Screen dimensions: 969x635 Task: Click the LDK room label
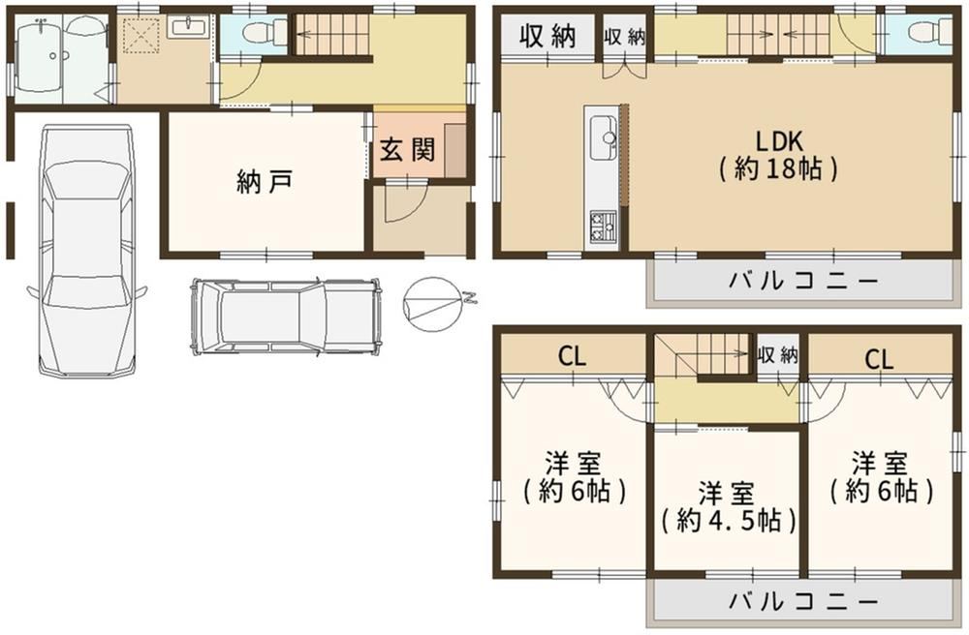pyautogui.click(x=779, y=154)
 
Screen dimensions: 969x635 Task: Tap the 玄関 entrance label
pyautogui.click(x=407, y=150)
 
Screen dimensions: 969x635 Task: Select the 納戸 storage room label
pyautogui.click(x=265, y=182)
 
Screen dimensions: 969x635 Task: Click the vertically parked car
pyautogui.click(x=87, y=250)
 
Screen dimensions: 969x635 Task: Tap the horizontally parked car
pyautogui.click(x=286, y=316)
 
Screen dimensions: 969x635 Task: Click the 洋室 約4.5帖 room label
pyautogui.click(x=728, y=508)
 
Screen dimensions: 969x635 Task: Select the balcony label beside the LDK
pyautogui.click(x=803, y=282)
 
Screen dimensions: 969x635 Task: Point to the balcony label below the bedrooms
pyautogui.click(x=803, y=601)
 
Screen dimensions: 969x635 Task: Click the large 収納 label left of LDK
pyautogui.click(x=547, y=35)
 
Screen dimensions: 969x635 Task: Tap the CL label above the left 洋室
pyautogui.click(x=572, y=356)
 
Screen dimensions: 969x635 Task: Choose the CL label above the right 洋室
pyautogui.click(x=879, y=358)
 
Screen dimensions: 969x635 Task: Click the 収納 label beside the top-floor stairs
pyautogui.click(x=778, y=355)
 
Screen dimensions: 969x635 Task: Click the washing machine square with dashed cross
pyautogui.click(x=141, y=35)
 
